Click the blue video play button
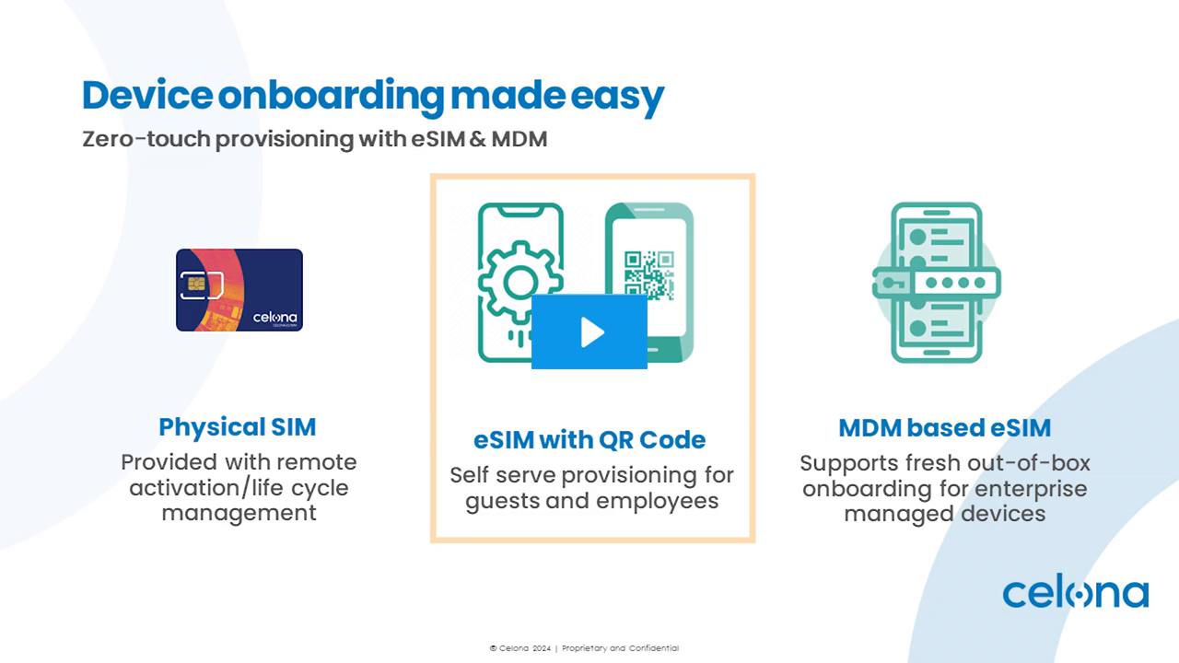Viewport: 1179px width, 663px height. (x=589, y=332)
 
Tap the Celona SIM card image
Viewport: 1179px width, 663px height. (x=239, y=290)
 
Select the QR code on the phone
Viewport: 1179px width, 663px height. (x=648, y=273)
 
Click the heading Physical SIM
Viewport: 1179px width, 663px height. (x=238, y=427)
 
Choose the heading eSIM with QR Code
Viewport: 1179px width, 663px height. (x=589, y=440)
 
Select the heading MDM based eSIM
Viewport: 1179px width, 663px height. (x=944, y=428)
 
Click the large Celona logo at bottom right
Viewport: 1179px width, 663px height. (x=1075, y=594)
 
